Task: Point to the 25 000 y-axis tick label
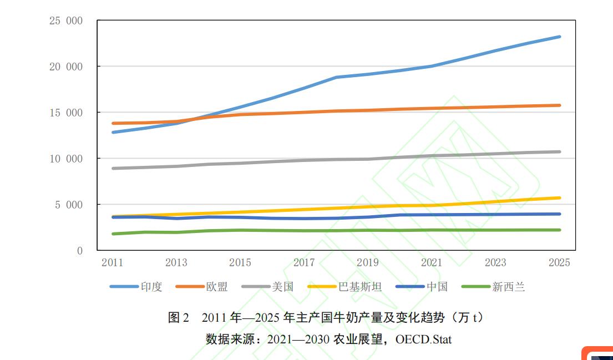tap(66, 21)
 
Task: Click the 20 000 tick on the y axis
tap(66, 67)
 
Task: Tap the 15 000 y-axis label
tap(66, 113)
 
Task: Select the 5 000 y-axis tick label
tap(69, 205)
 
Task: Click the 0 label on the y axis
tap(79, 251)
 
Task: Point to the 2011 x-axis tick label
tap(112, 263)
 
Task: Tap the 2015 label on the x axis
tap(240, 263)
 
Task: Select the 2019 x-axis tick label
tap(368, 263)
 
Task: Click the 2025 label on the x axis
tap(559, 263)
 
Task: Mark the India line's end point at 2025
tap(559, 37)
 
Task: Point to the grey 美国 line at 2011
tap(113, 168)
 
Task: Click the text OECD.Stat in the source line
tap(423, 339)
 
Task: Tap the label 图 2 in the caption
tap(178, 318)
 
